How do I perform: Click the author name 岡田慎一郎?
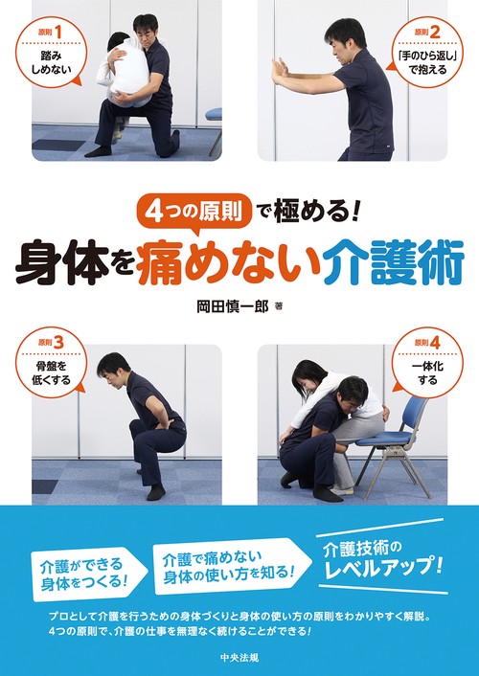point(229,307)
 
